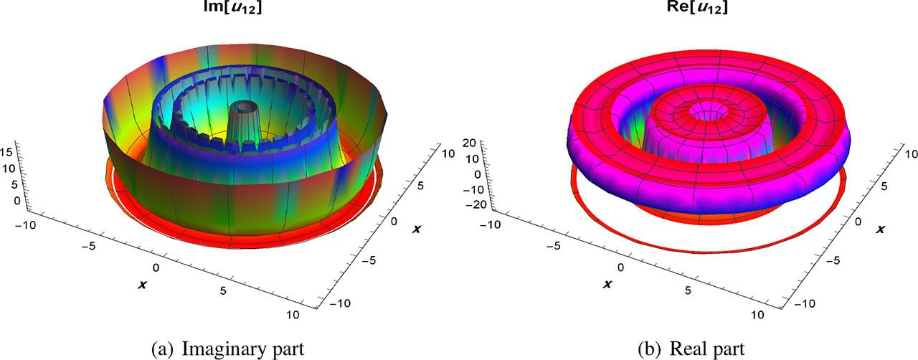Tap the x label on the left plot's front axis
tap(143, 285)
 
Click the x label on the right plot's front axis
tap(606, 285)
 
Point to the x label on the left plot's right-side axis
tap(417, 227)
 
